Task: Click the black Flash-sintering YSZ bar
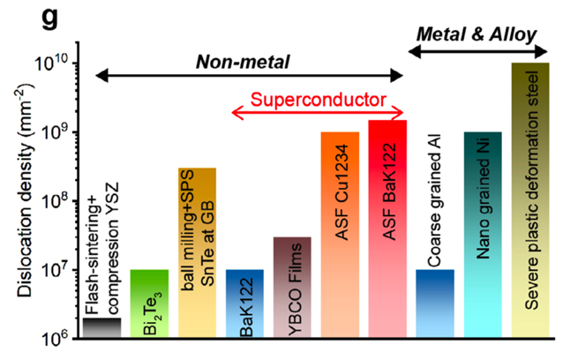101,328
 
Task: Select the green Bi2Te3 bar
149,304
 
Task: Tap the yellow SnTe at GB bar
197,253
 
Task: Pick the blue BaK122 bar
244,304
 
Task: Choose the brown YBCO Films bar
292,288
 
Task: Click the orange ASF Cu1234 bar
340,235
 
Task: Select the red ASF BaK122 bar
387,229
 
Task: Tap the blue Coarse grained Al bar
435,304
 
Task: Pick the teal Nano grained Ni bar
483,235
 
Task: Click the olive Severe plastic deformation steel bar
530,200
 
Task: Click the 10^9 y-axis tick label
54,131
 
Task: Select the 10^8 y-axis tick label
54,200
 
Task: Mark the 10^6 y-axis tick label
54,338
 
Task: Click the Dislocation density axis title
26,190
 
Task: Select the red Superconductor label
319,100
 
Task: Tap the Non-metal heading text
243,62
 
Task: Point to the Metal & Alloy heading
476,34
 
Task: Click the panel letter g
49,19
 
